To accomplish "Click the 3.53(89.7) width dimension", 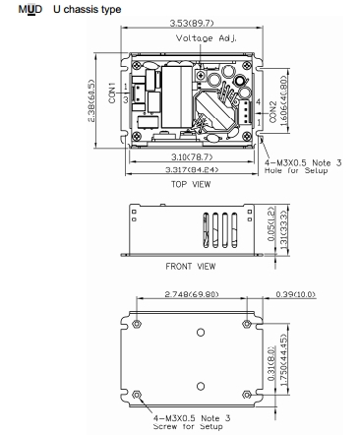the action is tap(192, 23).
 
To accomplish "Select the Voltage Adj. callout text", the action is tap(207, 38).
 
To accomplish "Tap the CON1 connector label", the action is tap(112, 93).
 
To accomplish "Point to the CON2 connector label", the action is tap(272, 112).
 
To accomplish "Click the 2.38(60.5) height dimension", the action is tap(91, 100).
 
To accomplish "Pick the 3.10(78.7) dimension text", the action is tap(192, 157).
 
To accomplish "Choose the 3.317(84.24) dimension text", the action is tap(192, 169).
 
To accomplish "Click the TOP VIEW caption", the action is tap(191, 184).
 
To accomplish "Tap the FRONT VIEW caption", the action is tap(191, 266).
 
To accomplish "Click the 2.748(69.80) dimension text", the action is tap(192, 294).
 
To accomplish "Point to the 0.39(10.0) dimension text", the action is tap(295, 294).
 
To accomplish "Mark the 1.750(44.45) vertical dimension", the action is tap(284, 359).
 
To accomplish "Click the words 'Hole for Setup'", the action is tap(296, 170).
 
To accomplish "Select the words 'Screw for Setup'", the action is tap(188, 426).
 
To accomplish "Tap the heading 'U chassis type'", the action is tap(88, 10).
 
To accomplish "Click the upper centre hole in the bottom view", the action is tap(201, 333).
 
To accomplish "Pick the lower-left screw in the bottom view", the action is tap(137, 395).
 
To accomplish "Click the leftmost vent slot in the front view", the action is tap(206, 230).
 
